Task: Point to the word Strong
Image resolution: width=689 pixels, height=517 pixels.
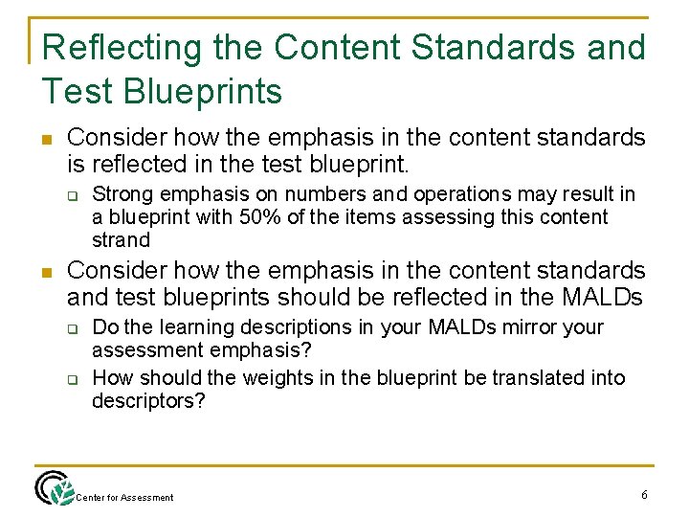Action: click(122, 194)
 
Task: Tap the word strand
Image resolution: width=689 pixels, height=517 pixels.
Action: click(122, 239)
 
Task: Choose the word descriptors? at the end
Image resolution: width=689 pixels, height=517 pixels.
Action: click(148, 400)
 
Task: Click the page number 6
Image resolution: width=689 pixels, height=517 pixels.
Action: click(644, 494)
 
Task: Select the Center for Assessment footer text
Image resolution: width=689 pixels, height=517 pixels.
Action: click(124, 497)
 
